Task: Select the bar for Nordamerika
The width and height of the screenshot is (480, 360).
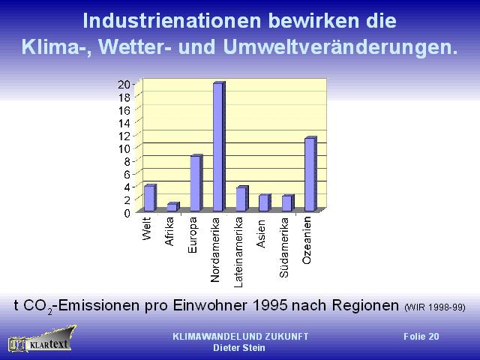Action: [x=219, y=146]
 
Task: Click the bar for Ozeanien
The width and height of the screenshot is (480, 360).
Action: [x=310, y=174]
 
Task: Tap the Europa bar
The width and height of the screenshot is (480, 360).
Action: [x=196, y=183]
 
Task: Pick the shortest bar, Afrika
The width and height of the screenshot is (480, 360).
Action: [x=173, y=207]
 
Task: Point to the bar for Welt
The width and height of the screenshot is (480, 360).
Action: [x=150, y=198]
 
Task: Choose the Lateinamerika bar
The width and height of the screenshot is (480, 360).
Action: [x=242, y=198]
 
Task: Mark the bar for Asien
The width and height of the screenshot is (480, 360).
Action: [x=265, y=202]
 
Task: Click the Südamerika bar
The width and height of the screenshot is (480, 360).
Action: [x=288, y=203]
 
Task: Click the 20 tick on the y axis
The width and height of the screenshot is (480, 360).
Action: [x=124, y=84]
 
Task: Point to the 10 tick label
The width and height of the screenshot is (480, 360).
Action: [x=124, y=148]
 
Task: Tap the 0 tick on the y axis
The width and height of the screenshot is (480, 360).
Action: [x=127, y=213]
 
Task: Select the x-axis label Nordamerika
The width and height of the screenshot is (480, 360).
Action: [x=215, y=250]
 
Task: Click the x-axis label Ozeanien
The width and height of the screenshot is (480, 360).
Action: [x=307, y=240]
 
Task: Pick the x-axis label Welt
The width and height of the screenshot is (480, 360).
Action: [x=147, y=229]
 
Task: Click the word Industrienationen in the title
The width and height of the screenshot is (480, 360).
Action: [x=172, y=21]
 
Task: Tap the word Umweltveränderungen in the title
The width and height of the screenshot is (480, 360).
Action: [x=340, y=47]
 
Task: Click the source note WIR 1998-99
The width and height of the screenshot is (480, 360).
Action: [x=435, y=307]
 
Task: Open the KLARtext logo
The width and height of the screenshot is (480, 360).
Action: [x=42, y=340]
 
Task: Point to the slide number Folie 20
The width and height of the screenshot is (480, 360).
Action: [x=421, y=337]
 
